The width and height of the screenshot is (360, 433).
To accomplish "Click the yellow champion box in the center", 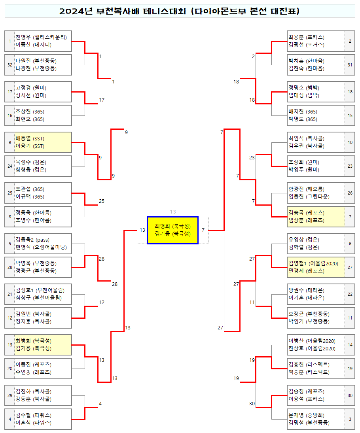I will pyautogui.click(x=172, y=230).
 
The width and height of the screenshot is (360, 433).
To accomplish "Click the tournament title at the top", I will pyautogui.click(x=180, y=11).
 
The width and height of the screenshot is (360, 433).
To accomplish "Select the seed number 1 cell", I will pyautogui.click(x=10, y=41).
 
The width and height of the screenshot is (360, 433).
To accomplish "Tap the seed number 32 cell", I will pyautogui.click(x=10, y=65).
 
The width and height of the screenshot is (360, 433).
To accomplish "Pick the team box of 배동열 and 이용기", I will pyautogui.click(x=43, y=142).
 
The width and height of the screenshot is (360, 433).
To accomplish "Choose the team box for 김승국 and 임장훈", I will pyautogui.click(x=316, y=217).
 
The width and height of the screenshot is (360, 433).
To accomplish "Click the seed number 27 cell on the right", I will pyautogui.click(x=350, y=267).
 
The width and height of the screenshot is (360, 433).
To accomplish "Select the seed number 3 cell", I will pyautogui.click(x=350, y=419).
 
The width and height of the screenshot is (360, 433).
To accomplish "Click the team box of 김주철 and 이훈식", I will pyautogui.click(x=43, y=419).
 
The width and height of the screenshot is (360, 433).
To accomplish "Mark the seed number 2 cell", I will pyautogui.click(x=350, y=41).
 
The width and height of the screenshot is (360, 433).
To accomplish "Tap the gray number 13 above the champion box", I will pyautogui.click(x=172, y=212).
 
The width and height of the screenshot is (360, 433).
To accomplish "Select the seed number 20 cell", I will pyautogui.click(x=10, y=369).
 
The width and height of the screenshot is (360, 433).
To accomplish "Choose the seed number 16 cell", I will pyautogui.click(x=10, y=115).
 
